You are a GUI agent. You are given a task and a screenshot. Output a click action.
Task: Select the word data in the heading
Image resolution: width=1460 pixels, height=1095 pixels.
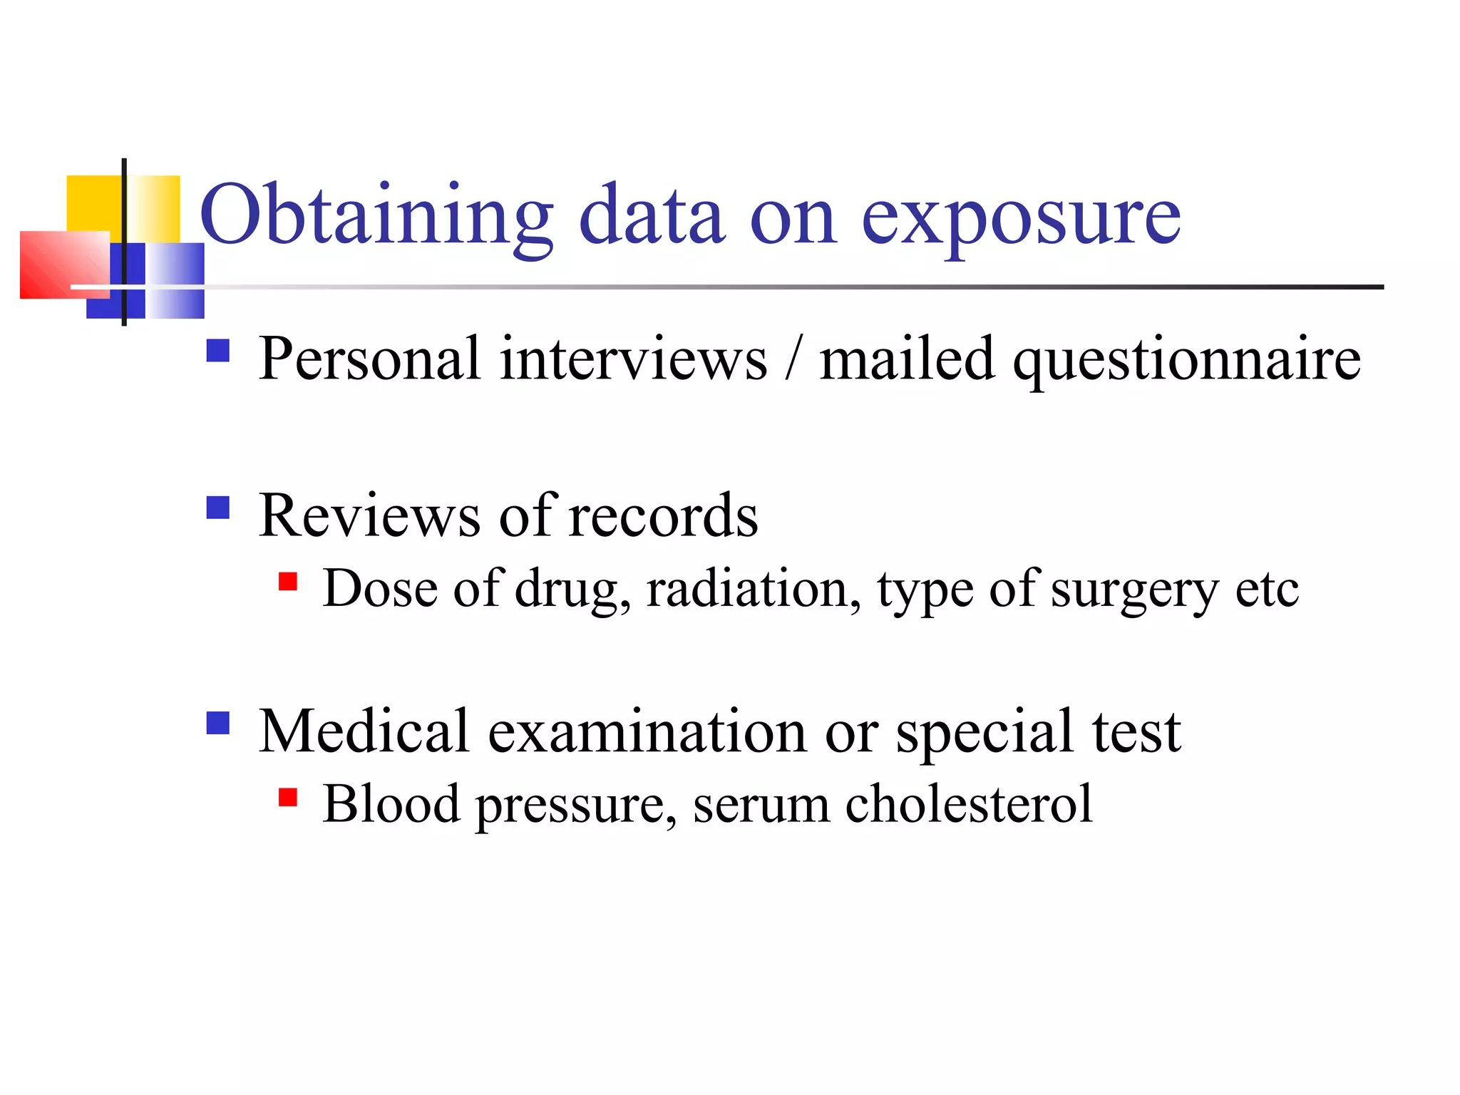point(652,216)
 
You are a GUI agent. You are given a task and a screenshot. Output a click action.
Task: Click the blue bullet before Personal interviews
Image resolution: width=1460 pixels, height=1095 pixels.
point(218,351)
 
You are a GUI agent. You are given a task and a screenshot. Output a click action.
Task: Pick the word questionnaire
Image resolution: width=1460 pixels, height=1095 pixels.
point(1187,360)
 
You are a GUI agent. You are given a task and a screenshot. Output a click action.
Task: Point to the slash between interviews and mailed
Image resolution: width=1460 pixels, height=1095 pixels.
point(793,359)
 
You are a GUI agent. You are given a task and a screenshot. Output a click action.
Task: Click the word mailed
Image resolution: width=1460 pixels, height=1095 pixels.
point(907,359)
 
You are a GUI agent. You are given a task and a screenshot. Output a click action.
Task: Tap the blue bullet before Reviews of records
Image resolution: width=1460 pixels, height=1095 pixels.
point(218,508)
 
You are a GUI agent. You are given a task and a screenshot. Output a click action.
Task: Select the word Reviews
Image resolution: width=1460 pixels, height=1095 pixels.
point(369,515)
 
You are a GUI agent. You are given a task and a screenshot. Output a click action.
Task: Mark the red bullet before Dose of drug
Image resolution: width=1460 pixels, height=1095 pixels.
point(288,582)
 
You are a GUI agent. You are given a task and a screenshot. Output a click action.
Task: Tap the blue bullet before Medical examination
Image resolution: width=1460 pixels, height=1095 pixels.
point(218,723)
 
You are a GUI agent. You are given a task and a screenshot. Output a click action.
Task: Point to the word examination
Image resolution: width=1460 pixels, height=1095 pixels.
point(647,732)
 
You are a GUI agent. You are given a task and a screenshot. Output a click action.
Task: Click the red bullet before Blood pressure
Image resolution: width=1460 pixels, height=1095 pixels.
point(288,797)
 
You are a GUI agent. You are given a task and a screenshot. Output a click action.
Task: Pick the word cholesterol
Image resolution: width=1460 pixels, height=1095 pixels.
point(968,804)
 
